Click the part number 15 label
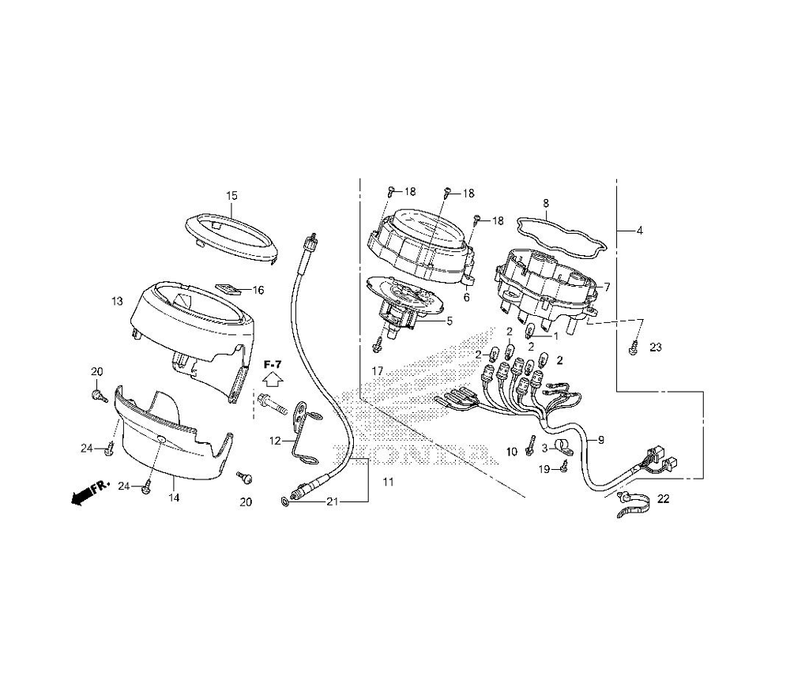231,195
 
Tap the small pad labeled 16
228,288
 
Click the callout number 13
117,301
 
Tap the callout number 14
174,498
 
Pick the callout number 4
640,231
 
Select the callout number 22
664,498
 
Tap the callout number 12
275,441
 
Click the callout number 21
332,501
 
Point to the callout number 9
600,440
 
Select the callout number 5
450,321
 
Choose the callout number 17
378,371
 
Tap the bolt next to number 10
529,445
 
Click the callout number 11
388,482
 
